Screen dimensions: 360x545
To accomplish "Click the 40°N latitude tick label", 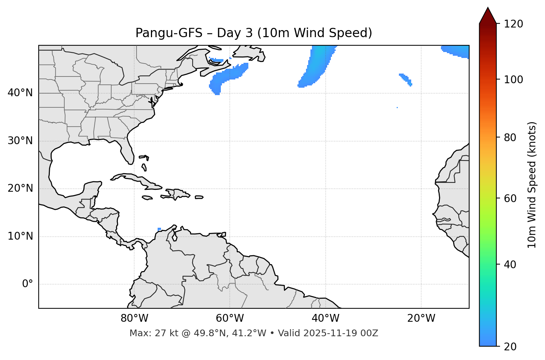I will click(20, 93).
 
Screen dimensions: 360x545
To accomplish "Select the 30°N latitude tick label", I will click(20, 141).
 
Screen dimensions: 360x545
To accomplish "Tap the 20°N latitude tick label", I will click(20, 188).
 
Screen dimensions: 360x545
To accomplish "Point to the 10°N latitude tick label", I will click(20, 236).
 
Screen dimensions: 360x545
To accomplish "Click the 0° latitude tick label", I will click(28, 284).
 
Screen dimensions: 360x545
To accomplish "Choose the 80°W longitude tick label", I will click(134, 318).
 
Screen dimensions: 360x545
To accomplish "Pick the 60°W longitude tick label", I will click(230, 318).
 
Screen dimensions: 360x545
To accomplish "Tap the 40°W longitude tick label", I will click(326, 318).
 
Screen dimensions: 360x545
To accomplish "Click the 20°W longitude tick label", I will click(421, 318).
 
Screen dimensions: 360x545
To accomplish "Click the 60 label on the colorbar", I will click(510, 198).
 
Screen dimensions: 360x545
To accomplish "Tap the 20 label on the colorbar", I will click(510, 347).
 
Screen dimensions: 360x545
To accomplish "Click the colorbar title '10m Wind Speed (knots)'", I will click(532, 185).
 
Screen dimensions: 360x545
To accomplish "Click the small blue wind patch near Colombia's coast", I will click(159, 229).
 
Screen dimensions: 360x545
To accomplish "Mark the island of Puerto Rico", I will click(199, 197).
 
